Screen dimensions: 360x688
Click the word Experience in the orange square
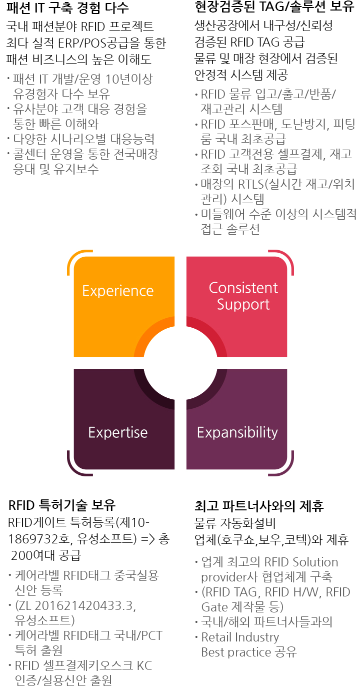point(118,291)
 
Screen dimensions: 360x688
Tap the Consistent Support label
point(243,296)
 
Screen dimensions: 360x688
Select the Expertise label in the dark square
point(118,432)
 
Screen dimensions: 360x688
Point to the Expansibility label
point(237,432)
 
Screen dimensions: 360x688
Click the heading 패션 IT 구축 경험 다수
point(67,8)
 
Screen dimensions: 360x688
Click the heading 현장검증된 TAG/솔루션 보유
point(274,7)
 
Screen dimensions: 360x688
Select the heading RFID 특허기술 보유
point(61,505)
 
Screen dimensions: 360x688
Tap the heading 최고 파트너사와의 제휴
point(259,506)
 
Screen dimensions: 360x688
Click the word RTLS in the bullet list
point(251,184)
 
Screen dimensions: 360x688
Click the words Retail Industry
point(240,637)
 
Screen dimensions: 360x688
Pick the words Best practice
point(236,652)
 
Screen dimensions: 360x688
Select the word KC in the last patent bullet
point(144,665)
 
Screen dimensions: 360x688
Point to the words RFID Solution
point(301,562)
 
